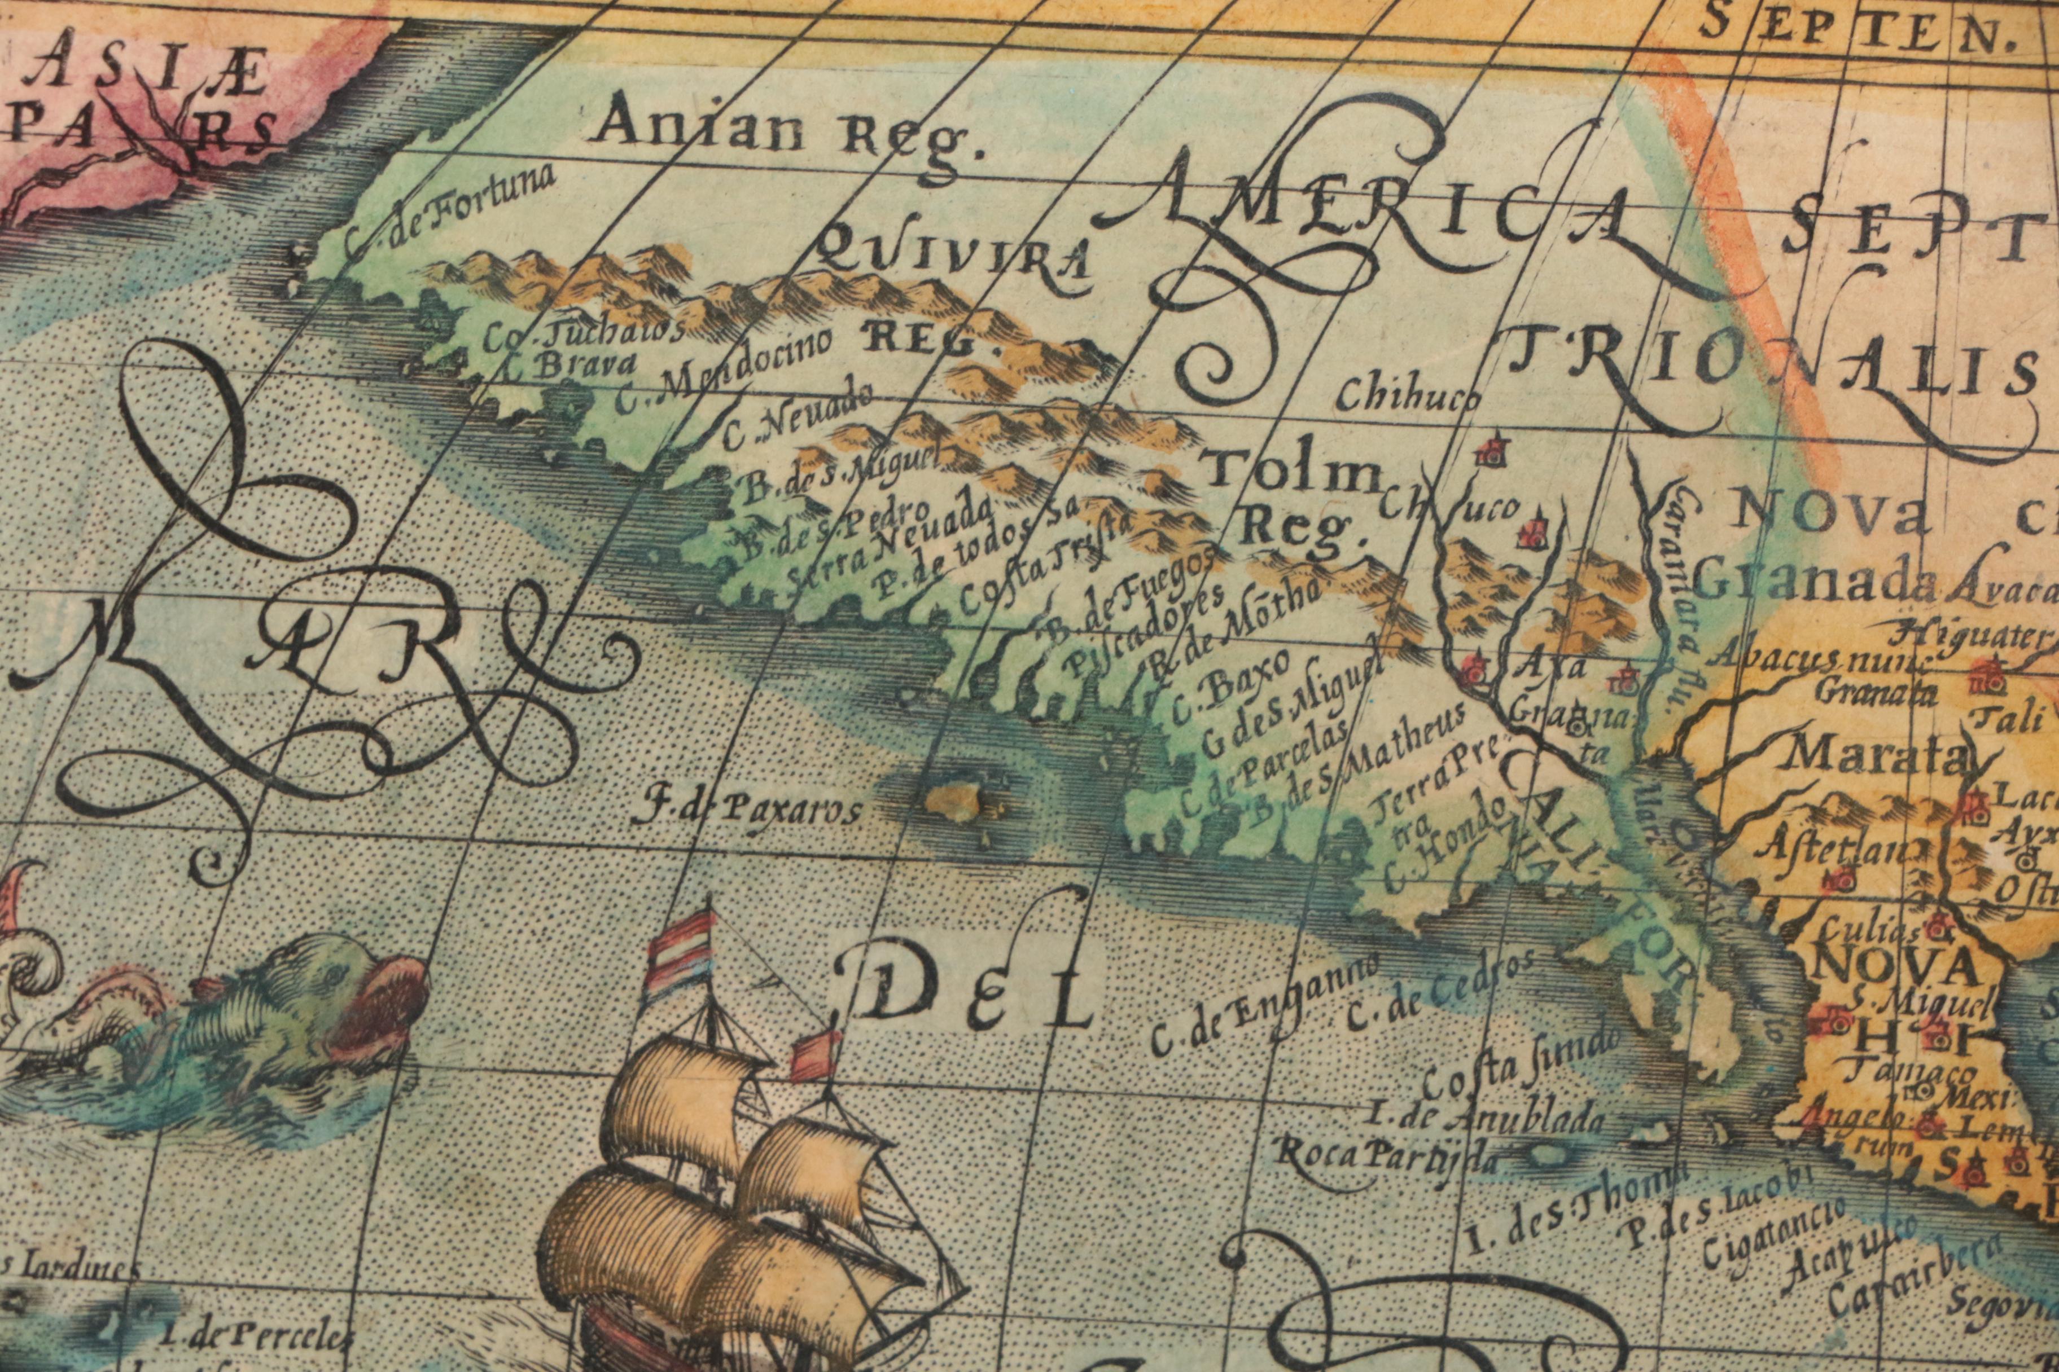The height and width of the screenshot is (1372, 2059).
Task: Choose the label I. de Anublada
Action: (1486, 1119)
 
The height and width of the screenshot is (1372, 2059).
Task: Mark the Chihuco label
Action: (1409, 395)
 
